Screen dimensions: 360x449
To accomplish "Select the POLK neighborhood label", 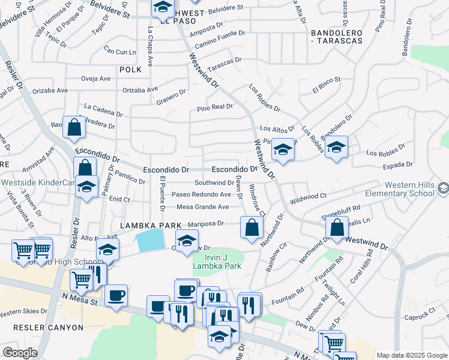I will coord(130,70).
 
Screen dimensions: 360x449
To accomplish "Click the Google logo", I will coord(20,353).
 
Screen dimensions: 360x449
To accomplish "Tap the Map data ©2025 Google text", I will coord(412,355).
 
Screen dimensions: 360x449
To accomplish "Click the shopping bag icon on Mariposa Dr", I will coord(252,227).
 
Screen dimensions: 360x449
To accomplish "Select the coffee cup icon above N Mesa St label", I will coord(115,295).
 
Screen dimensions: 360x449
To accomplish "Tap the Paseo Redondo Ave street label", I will coord(201,194).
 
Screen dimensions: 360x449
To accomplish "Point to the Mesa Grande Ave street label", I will coord(203,207).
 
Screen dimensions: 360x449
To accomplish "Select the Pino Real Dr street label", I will coord(215,107).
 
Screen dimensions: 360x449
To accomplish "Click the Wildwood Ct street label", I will coord(308,196).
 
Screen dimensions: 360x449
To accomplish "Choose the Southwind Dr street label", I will coord(214,182).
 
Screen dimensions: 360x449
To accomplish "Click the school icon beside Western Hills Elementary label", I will coord(443,189).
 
